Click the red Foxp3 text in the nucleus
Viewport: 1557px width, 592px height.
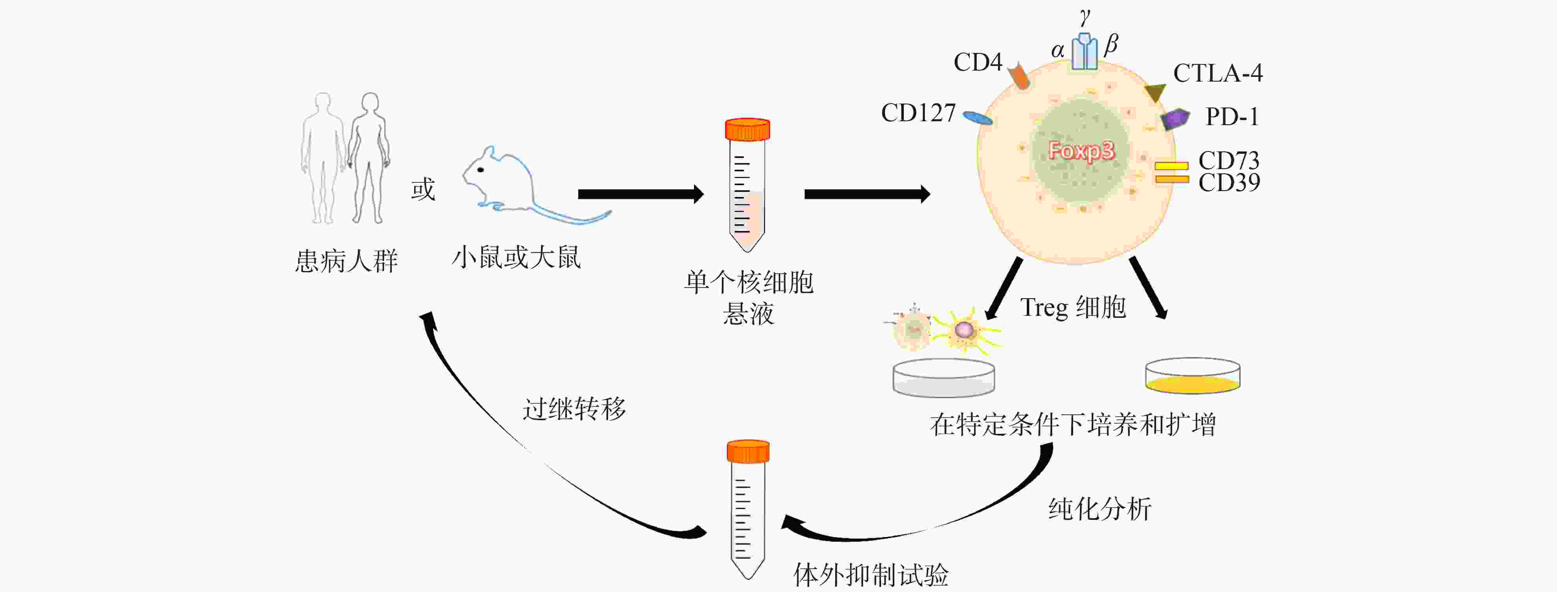click(1081, 150)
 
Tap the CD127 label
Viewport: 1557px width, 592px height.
click(918, 113)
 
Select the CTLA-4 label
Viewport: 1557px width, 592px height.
click(1217, 73)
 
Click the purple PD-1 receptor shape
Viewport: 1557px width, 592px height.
click(1175, 118)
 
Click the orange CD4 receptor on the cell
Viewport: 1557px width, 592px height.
click(1019, 76)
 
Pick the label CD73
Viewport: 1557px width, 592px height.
click(1229, 160)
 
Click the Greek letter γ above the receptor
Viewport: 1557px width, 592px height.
click(1085, 16)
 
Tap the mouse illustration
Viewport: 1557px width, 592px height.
click(514, 184)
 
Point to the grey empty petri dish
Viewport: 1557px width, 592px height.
click(943, 378)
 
